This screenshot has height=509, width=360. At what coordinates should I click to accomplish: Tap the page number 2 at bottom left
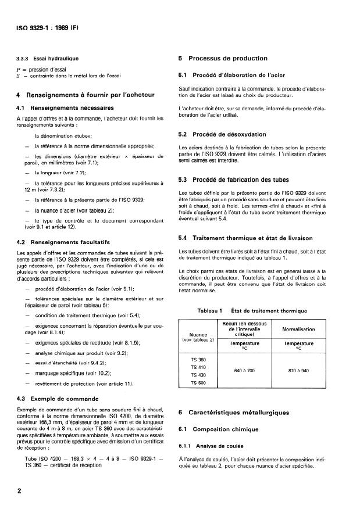tap(19, 491)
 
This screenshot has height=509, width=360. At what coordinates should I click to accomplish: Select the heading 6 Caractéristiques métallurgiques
tap(234, 413)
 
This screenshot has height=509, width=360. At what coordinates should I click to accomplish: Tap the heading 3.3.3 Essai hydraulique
tap(52, 59)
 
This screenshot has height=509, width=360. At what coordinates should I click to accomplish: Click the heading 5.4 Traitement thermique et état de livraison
tap(244, 238)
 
